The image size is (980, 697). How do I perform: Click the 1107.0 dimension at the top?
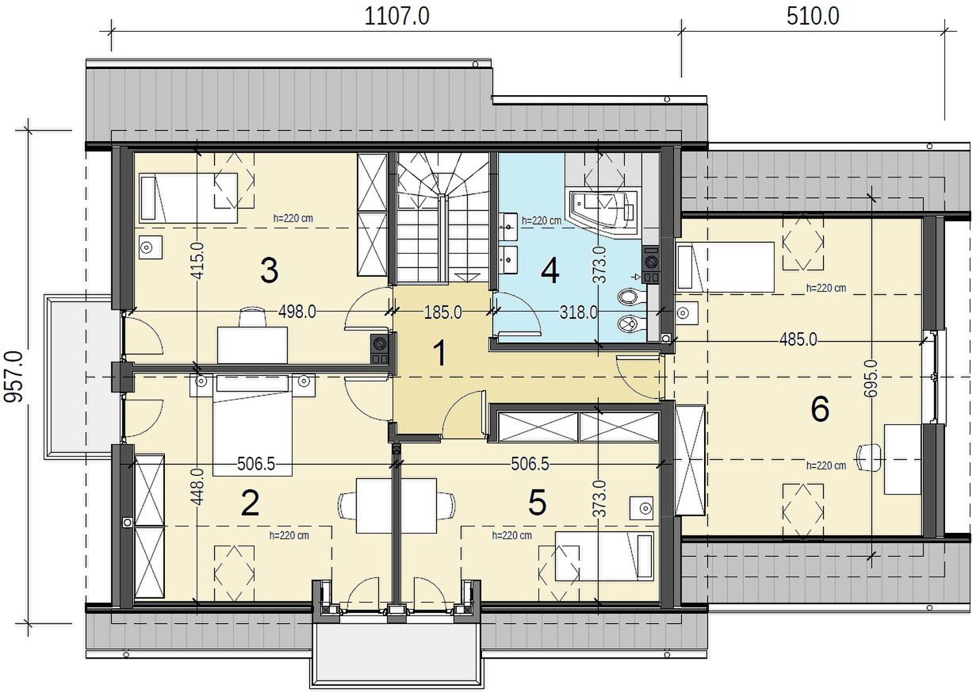click(396, 17)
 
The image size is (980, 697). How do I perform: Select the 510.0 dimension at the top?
click(813, 17)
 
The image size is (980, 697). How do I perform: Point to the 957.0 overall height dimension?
click(13, 376)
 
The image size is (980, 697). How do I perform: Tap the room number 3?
click(269, 270)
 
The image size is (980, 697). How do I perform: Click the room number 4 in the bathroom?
click(550, 270)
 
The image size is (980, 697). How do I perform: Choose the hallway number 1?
click(441, 353)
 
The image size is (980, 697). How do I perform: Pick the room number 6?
click(820, 409)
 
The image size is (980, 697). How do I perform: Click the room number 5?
click(538, 502)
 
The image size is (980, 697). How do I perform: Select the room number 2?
click(250, 504)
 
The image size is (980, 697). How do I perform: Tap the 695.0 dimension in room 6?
click(871, 378)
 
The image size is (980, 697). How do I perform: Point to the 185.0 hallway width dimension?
click(442, 312)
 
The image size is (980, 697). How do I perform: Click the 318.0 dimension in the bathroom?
click(578, 312)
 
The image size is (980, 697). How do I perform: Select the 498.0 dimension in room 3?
click(297, 312)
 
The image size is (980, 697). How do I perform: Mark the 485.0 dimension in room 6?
click(798, 339)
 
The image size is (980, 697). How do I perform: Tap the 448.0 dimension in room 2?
click(197, 487)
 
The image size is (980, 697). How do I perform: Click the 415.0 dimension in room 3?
click(197, 261)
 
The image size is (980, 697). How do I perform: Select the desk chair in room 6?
click(869, 458)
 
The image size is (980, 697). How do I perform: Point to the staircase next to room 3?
click(442, 217)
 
